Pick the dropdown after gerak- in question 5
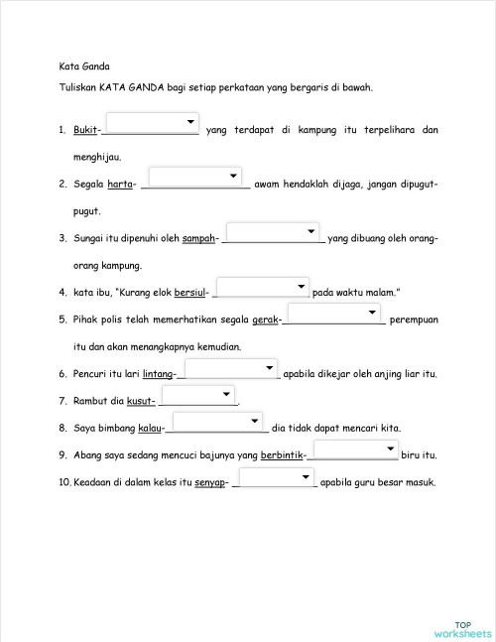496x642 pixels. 335,315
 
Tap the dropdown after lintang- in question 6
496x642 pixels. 232,369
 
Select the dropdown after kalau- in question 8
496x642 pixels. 217,423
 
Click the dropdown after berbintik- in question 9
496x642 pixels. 355,450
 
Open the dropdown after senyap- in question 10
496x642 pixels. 275,478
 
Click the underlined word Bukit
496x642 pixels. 86,130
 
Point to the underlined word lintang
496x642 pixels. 159,374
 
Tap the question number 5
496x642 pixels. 62,320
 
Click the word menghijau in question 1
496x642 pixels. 97,158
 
